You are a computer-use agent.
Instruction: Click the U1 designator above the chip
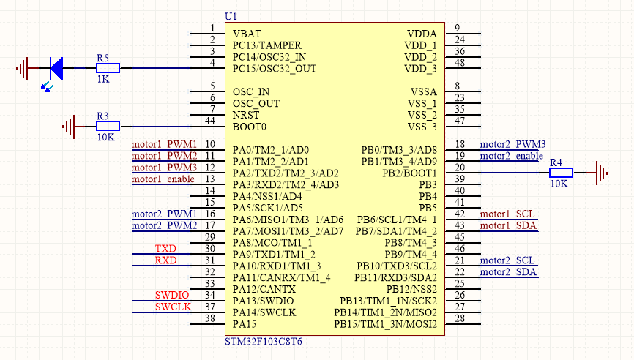[231, 15]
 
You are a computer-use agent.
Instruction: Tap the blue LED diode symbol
[56, 69]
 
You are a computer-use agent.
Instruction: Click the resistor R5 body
[108, 69]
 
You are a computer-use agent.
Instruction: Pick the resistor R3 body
[108, 127]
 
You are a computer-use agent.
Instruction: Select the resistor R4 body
[562, 173]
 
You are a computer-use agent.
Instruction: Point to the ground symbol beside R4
[602, 173]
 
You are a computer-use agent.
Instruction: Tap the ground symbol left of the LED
[23, 69]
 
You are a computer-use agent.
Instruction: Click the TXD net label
[165, 249]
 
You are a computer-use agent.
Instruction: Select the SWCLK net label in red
[173, 307]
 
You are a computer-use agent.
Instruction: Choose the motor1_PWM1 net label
[164, 143]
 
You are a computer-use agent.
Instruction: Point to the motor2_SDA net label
[508, 272]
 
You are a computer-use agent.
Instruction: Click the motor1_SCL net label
[507, 214]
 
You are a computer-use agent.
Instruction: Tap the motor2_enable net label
[511, 156]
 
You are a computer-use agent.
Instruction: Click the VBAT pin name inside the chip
[247, 34]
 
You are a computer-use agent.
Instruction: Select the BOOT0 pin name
[250, 127]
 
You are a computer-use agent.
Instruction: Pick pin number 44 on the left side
[209, 121]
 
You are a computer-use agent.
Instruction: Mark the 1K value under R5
[103, 79]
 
